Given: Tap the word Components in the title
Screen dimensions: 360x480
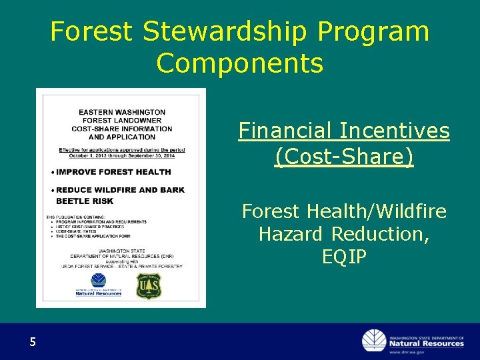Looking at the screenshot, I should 240,63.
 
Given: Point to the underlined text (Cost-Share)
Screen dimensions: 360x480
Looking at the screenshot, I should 344,157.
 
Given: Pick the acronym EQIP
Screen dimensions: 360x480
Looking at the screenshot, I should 344,257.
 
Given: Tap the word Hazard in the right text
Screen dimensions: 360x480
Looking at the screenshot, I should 290,234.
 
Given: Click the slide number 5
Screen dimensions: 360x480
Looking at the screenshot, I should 32,343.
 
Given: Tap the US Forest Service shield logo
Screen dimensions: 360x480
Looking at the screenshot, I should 149,285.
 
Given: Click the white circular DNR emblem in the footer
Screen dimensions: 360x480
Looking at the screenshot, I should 374,341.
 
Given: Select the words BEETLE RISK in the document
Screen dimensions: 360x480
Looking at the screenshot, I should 85,201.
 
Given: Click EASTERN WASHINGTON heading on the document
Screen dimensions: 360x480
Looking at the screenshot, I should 121,111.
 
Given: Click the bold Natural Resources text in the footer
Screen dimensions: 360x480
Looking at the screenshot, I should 427,343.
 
